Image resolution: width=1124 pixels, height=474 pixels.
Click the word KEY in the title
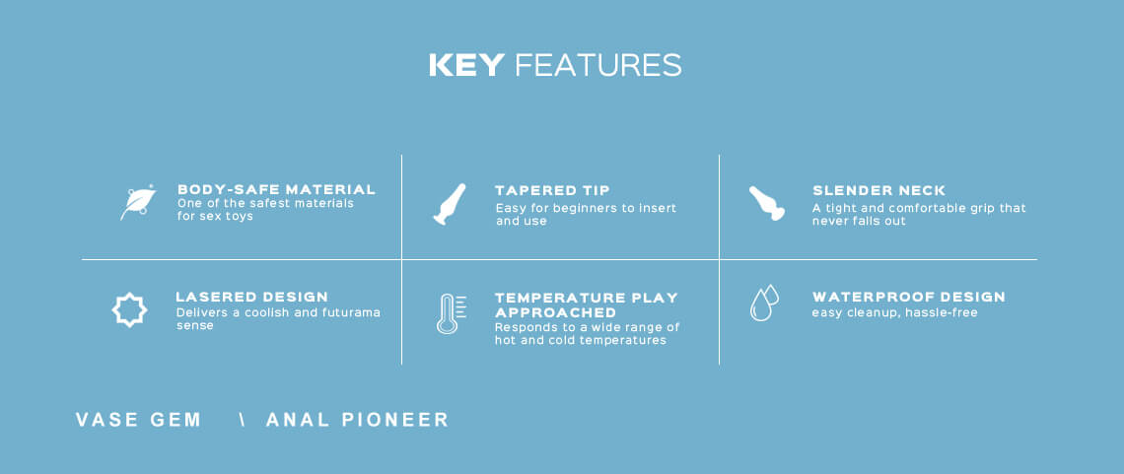466,65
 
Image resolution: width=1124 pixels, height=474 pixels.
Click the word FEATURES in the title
597,65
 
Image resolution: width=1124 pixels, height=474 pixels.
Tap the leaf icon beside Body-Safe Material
138,203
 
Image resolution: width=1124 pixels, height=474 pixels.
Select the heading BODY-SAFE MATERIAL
276,190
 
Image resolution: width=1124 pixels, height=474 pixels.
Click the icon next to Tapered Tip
450,204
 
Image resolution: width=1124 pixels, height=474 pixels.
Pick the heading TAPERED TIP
552,190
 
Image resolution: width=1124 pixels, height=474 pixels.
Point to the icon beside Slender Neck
766,203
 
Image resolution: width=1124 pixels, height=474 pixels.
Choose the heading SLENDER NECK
878,190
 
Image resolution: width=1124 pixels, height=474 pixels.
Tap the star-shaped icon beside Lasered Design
130,310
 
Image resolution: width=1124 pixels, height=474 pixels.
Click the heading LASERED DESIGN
251,297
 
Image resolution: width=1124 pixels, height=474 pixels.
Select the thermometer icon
451,313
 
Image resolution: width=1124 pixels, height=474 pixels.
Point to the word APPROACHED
555,313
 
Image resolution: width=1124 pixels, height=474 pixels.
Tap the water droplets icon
764,303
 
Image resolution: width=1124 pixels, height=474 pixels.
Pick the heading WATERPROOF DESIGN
908,297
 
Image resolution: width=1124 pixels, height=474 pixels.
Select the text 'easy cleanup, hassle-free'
894,313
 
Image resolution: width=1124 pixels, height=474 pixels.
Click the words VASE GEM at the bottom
138,420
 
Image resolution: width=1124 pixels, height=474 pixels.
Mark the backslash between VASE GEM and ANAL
243,420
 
